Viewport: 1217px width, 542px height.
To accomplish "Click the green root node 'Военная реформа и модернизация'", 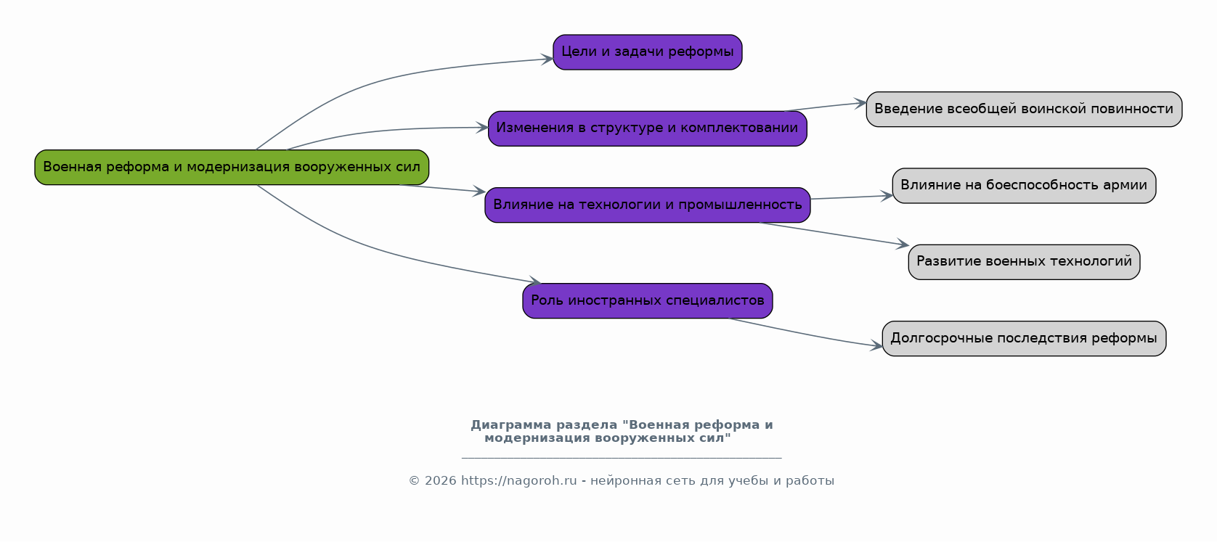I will (232, 167).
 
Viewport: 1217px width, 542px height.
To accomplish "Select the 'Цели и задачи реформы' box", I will (647, 52).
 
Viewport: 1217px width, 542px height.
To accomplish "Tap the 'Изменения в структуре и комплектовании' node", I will (647, 128).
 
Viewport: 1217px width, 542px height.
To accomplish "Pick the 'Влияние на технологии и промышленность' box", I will (647, 205).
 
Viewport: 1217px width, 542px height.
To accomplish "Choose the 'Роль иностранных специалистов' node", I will (647, 300).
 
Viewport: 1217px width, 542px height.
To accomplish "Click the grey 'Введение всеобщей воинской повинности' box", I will (1023, 110).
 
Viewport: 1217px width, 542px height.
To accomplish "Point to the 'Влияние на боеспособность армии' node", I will (1023, 186).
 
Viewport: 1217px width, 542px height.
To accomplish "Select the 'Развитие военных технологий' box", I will (1023, 262).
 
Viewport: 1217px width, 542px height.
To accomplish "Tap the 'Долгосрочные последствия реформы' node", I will (1023, 339).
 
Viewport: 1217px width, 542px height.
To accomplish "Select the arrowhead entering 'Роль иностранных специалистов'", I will (536, 282).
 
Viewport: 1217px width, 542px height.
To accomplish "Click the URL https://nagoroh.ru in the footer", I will (518, 481).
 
